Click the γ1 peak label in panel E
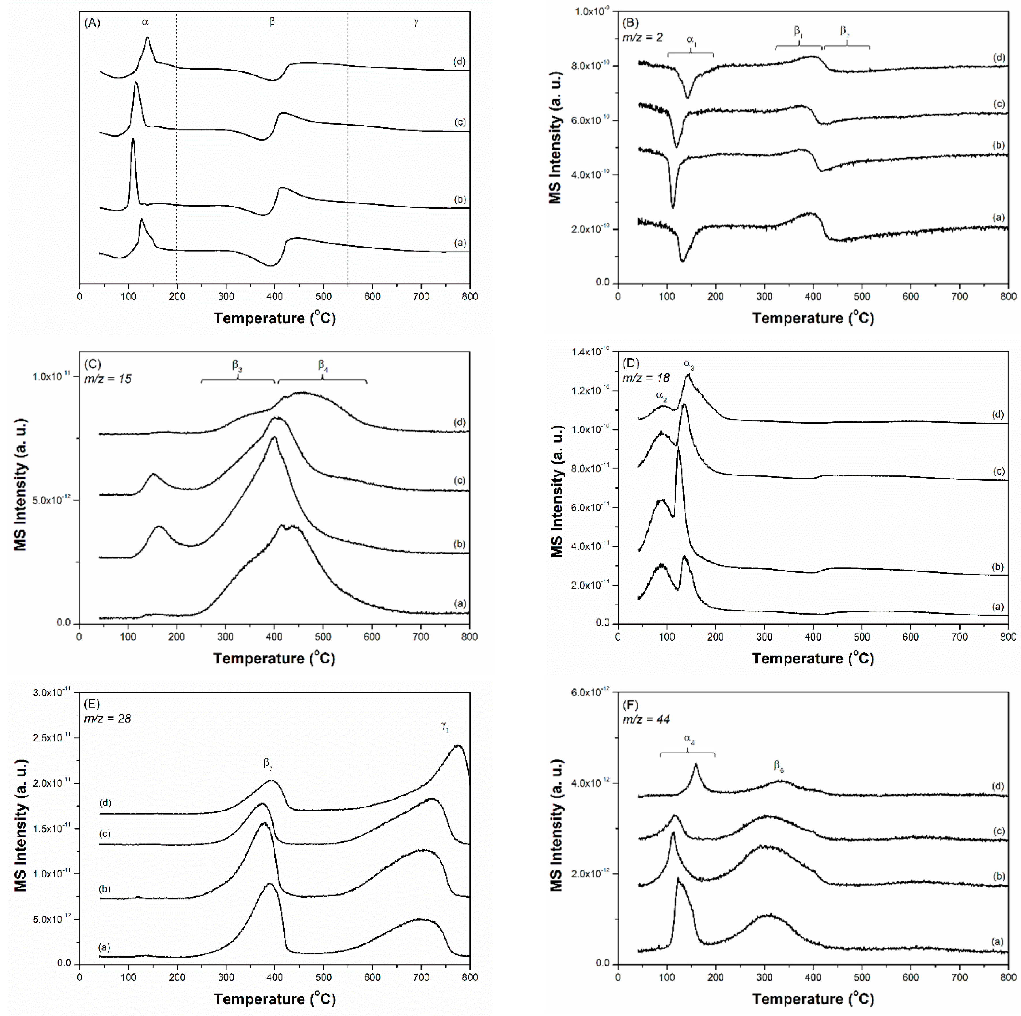pos(445,727)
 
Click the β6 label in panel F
pos(779,765)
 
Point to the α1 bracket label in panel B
pos(691,40)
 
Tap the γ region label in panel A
pos(416,23)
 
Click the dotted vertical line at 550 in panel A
pos(348,158)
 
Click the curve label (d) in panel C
pos(459,422)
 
